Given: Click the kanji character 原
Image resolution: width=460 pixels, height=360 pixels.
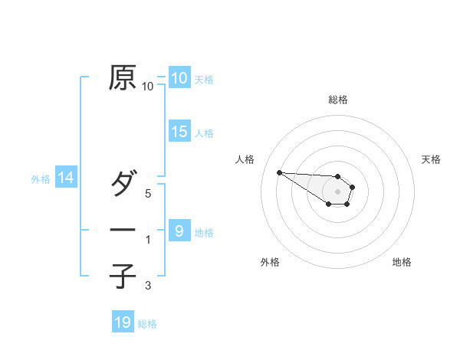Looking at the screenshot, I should [123, 78].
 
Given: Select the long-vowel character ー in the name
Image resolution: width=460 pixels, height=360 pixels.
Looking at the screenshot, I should [123, 231].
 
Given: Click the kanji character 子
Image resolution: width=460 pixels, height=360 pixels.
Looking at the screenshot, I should [123, 276].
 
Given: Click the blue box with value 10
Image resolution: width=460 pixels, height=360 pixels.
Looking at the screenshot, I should [179, 78].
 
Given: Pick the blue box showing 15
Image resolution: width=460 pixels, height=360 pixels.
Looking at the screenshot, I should [179, 132].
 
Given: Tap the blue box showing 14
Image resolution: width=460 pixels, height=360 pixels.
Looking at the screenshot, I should [66, 178].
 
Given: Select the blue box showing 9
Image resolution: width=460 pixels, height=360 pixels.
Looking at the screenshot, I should [179, 231].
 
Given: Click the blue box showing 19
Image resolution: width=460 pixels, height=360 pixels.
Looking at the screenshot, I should [123, 322].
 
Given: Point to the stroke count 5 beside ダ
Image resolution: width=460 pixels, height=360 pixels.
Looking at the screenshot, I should [148, 194].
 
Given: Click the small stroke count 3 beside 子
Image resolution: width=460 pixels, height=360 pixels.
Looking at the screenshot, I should [148, 286].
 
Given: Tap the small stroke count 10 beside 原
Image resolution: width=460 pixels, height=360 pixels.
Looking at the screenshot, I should [148, 87].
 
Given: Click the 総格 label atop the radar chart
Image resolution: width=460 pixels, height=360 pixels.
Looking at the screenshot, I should [338, 100].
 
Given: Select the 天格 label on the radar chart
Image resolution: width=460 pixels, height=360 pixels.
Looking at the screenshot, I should [431, 159].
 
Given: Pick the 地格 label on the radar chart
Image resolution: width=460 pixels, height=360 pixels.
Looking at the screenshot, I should [402, 262].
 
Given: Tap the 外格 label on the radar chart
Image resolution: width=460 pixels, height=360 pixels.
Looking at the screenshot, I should [270, 262].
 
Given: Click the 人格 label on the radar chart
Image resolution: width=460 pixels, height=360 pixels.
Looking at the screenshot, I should [245, 159].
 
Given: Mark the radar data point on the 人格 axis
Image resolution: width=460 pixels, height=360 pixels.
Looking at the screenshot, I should [279, 172].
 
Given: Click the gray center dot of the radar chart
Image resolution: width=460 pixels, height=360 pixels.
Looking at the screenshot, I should [338, 191].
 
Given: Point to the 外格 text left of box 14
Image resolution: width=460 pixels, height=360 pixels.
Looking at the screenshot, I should [41, 179].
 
